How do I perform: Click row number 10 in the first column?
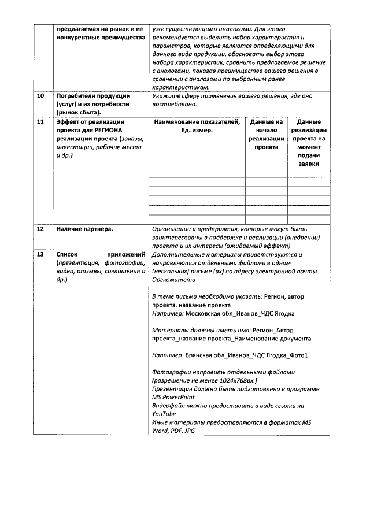pos(40,96)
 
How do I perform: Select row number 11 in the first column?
pos(40,123)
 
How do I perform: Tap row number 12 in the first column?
pos(40,229)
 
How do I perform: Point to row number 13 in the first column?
pos(40,254)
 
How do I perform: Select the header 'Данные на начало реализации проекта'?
pos(266,135)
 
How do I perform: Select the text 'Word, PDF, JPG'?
pos(173,431)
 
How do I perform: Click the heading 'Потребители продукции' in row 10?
pos(92,96)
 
